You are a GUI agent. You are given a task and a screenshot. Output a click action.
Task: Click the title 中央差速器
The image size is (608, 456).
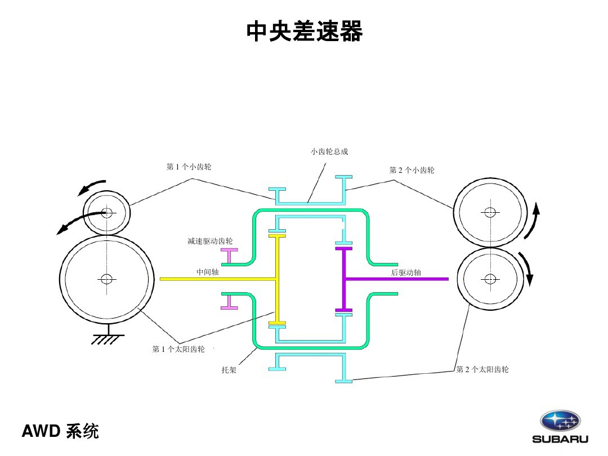click(305, 31)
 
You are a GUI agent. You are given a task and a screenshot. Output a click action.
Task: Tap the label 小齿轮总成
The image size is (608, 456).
click(329, 151)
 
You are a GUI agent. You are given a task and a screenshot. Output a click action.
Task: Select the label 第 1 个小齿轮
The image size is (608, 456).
click(189, 167)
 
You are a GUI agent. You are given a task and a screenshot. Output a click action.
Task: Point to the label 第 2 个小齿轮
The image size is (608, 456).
click(412, 170)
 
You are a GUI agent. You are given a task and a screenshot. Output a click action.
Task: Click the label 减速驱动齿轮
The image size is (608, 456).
click(210, 241)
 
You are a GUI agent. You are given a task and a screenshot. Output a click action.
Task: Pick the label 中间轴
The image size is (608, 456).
click(207, 272)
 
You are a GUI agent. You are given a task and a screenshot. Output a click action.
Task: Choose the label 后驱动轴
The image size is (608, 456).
click(406, 272)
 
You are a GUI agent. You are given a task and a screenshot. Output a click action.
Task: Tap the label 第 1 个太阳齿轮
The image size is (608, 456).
click(178, 349)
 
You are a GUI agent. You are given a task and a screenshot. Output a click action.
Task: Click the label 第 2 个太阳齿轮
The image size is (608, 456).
click(482, 369)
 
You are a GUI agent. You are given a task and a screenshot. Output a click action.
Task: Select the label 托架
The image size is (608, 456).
click(229, 370)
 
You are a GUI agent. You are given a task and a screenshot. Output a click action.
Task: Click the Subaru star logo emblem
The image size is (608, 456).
click(560, 421)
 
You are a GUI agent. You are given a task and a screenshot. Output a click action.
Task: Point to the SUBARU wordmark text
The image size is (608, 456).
click(560, 439)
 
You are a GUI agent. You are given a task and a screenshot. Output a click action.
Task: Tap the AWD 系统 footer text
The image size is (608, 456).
click(60, 431)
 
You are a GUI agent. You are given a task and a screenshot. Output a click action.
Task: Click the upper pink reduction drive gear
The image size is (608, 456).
click(229, 256)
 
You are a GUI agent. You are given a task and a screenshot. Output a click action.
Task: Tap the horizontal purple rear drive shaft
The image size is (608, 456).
click(396, 279)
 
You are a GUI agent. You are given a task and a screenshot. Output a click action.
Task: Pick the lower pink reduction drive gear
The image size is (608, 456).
click(229, 302)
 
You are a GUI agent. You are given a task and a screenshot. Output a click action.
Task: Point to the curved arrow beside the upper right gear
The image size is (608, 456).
click(534, 221)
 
